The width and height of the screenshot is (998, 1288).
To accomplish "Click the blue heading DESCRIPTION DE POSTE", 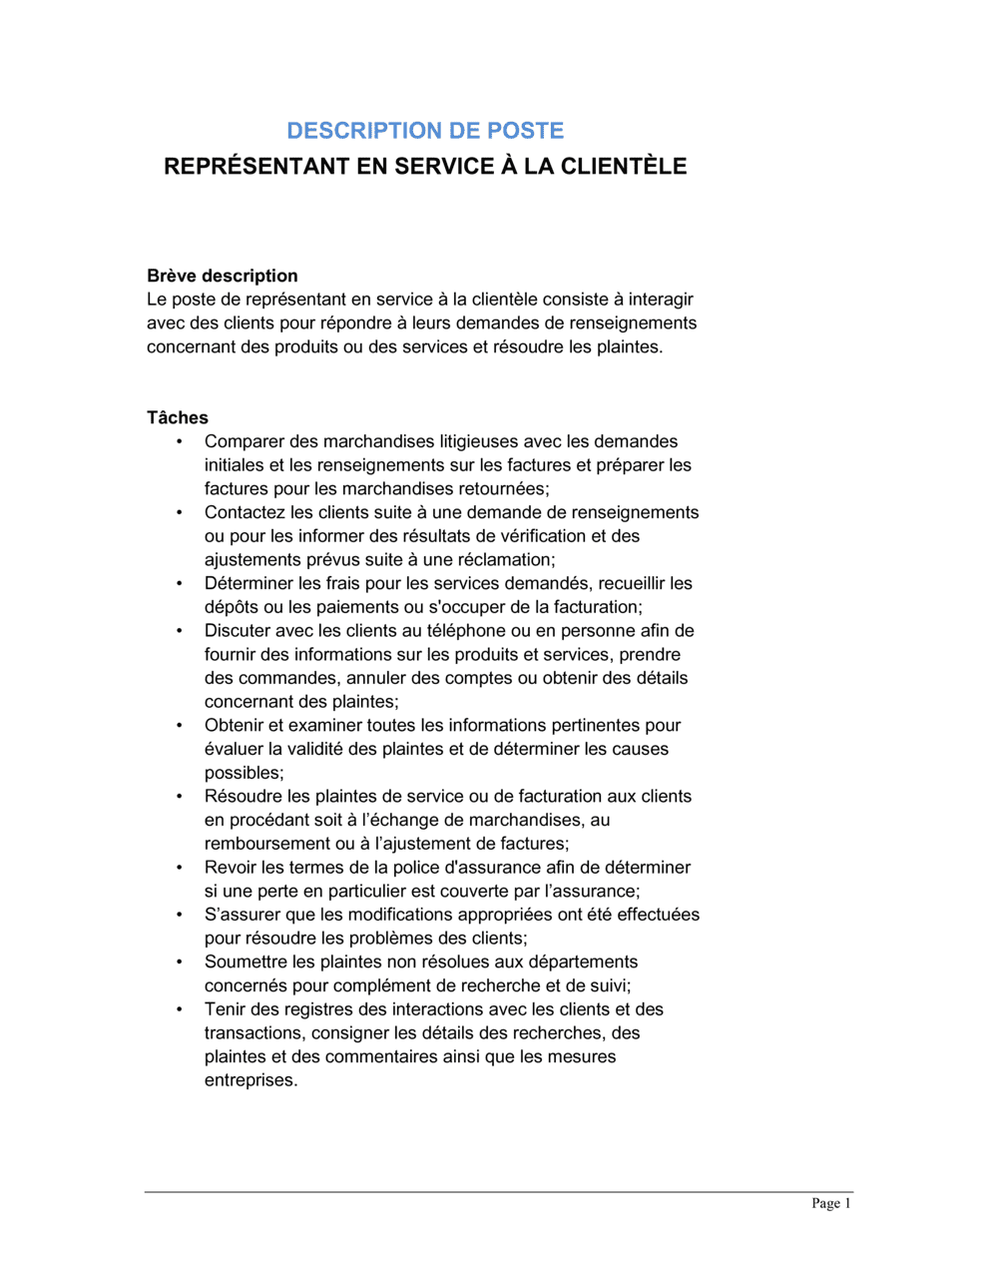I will pos(425,131).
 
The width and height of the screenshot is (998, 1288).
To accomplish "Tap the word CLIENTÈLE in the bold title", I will pos(624,167).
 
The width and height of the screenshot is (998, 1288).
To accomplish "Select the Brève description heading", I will pos(223,276).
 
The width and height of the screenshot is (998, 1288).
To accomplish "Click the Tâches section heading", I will pos(178,417).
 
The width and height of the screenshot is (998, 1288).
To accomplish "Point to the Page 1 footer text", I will pos(831,1203).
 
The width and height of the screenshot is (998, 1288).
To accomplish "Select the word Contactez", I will pos(245,512).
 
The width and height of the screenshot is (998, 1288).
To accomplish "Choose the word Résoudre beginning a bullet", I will pos(243,796).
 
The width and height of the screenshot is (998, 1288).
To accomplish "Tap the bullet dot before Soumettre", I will pos(180,962).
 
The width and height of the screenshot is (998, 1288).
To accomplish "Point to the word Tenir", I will pos(226,1009).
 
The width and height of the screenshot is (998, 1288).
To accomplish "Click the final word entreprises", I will pos(250,1080).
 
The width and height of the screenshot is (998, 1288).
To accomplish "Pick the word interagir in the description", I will pos(661,300).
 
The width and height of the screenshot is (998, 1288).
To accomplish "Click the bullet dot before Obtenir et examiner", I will pos(180,725).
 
